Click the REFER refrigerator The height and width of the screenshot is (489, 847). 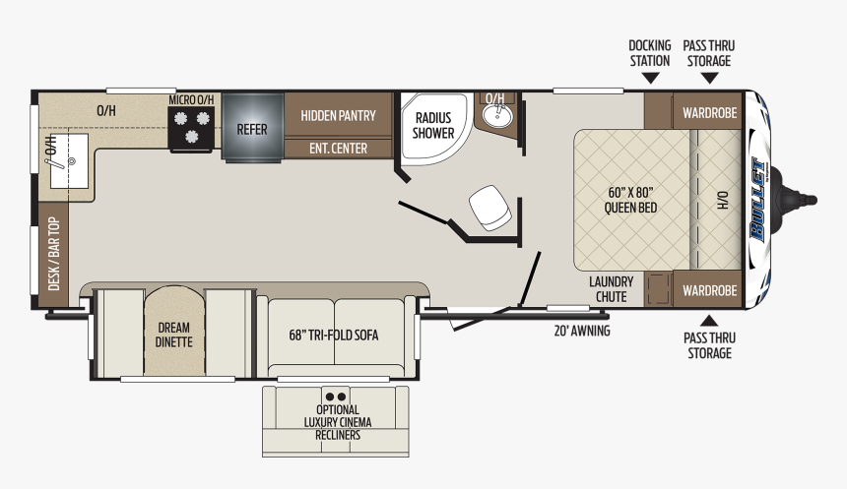[x=252, y=127]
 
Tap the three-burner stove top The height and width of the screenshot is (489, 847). [x=191, y=129]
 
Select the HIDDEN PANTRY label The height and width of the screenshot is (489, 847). [x=338, y=115]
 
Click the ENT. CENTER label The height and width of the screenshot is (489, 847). [x=338, y=149]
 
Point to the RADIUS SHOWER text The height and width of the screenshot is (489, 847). [x=433, y=125]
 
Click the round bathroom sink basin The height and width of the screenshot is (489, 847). [x=495, y=115]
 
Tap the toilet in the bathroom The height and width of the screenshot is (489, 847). [x=489, y=208]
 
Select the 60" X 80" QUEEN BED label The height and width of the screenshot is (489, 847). [x=630, y=200]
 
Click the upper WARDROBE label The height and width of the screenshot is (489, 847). [x=709, y=113]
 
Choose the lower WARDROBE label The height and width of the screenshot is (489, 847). [x=709, y=291]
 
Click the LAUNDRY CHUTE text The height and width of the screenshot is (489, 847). [x=611, y=289]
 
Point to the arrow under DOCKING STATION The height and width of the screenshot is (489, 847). [x=650, y=79]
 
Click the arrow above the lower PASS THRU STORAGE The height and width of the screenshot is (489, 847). [x=709, y=321]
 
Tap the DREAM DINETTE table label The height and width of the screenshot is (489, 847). [x=174, y=335]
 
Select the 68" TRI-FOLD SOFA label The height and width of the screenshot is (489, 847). [x=334, y=336]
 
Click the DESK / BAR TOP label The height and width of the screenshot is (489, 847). [x=53, y=254]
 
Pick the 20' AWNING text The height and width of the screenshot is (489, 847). [x=582, y=331]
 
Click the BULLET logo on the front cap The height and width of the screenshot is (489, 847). [x=758, y=199]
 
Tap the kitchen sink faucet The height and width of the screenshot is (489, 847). [x=55, y=153]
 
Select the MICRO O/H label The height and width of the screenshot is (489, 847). [x=191, y=99]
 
